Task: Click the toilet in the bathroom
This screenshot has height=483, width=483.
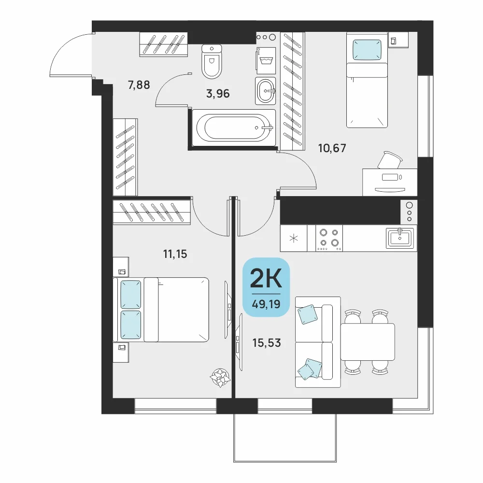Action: (212, 61)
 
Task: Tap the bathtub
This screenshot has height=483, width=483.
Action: (234, 128)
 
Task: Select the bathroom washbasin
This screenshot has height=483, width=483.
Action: (265, 91)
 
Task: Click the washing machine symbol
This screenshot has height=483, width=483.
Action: (266, 61)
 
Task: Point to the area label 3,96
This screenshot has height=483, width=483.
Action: (218, 93)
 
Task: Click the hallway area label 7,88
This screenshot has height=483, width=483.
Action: (139, 85)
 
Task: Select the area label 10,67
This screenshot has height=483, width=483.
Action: (332, 148)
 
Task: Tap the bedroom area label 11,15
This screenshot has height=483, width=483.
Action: (175, 254)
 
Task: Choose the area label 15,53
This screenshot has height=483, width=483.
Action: (267, 342)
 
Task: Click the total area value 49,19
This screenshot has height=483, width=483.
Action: (266, 304)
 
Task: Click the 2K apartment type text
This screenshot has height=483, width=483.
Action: (266, 278)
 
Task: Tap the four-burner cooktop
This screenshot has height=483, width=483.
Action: (329, 238)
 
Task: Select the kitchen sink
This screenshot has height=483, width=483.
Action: (400, 238)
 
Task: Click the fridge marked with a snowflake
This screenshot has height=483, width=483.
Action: (294, 238)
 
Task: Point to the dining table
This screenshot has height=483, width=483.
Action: (368, 342)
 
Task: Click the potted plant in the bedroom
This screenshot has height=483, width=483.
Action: (220, 378)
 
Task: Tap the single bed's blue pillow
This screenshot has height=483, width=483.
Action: (367, 49)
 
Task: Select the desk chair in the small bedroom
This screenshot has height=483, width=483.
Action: (390, 160)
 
